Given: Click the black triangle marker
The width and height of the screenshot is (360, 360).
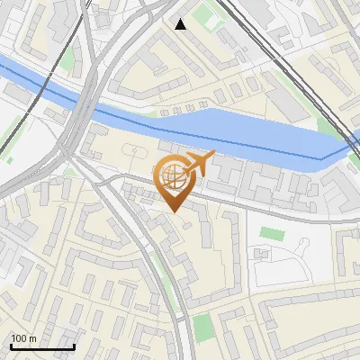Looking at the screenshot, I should (181, 24).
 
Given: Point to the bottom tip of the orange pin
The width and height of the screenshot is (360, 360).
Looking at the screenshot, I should (174, 211).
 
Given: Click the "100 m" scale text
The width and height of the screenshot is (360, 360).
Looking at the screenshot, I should (23, 338).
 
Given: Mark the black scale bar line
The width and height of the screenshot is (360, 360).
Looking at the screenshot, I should (42, 346).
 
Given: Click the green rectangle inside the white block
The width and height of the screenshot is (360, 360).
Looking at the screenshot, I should (271, 233).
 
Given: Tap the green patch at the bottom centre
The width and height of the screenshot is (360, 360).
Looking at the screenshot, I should (205, 328).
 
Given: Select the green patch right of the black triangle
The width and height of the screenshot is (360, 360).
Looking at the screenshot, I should (210, 16).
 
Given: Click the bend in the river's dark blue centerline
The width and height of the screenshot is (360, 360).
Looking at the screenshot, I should (320, 159).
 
